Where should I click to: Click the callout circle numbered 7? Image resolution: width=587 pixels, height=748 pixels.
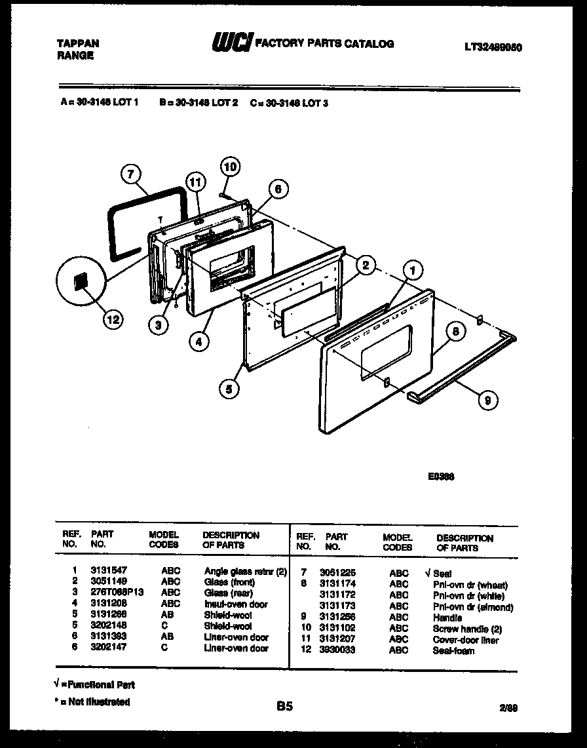pos(132,174)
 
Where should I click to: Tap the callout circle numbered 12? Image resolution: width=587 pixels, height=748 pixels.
pos(113,320)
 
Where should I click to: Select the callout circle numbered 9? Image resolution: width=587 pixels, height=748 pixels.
pos(487,400)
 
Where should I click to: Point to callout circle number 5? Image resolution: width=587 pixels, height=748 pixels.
pos(229,389)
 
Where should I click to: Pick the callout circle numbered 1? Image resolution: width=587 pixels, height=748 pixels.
pos(412,268)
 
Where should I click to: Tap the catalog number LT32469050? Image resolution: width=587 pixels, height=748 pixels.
pos(493,47)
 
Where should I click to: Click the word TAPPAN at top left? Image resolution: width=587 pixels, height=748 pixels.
pos(78,44)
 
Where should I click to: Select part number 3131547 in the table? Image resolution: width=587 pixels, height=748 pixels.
pos(104,571)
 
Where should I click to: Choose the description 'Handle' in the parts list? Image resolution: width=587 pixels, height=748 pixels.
pos(447,618)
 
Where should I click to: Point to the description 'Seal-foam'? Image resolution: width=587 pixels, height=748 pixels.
pos(453,651)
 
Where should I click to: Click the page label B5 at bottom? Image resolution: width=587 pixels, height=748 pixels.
pos(284,707)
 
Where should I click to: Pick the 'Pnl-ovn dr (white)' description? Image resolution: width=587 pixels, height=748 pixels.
pos(468,596)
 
